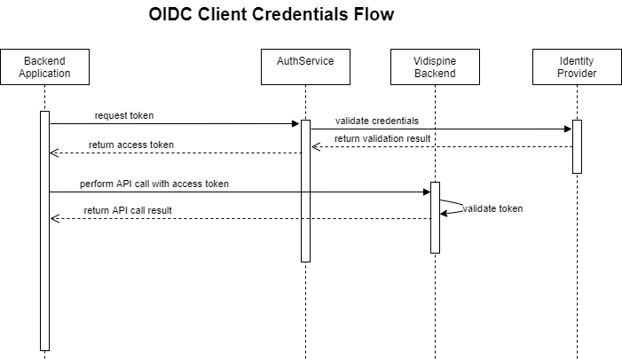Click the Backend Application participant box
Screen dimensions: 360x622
click(44, 67)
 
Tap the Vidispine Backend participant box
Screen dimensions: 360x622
click(435, 67)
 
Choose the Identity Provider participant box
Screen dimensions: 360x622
click(577, 67)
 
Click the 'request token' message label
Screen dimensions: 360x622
click(125, 117)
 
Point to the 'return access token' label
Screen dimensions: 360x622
click(131, 145)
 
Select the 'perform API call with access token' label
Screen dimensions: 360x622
click(154, 184)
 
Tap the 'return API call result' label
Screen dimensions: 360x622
click(129, 211)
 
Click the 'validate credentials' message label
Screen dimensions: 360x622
click(377, 121)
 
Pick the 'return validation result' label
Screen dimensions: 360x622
click(382, 139)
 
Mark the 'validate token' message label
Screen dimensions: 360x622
click(492, 209)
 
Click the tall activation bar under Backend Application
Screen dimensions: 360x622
click(44, 231)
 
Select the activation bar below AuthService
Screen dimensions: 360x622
click(305, 191)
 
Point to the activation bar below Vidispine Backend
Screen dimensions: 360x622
click(435, 217)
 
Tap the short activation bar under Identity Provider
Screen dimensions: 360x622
click(577, 146)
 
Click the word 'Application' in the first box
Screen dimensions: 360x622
click(44, 74)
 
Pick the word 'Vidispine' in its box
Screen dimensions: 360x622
click(435, 60)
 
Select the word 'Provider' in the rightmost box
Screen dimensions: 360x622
click(577, 74)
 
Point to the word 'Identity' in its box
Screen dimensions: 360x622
click(577, 60)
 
